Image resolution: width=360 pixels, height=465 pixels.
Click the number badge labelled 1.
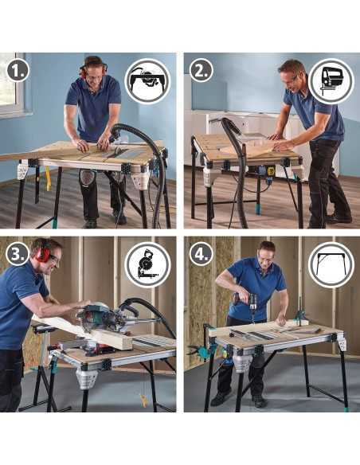point(18,70)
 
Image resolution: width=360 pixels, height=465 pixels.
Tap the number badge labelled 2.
point(201,70)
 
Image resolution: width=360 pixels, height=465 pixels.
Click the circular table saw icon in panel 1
point(148,80)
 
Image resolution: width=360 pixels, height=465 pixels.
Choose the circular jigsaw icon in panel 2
point(331,80)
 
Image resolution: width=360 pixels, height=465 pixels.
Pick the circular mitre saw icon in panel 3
point(148,264)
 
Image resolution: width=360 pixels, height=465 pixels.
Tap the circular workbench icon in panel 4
point(331,264)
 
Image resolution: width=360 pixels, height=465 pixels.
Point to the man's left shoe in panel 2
point(338,218)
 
